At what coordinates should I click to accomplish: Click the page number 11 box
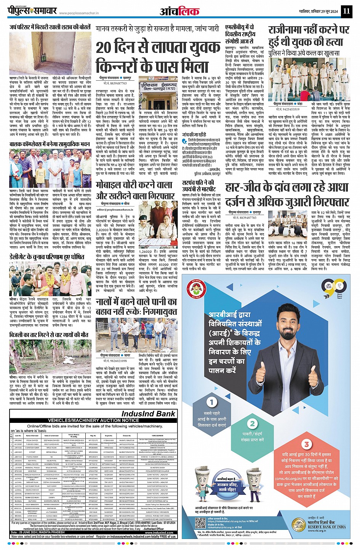(x=346, y=11)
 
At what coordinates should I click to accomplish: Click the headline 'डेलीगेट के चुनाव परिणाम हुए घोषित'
(x=46, y=257)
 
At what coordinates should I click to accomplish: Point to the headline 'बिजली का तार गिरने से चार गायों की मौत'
(x=49, y=335)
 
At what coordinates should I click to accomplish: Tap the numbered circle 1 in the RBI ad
(x=212, y=402)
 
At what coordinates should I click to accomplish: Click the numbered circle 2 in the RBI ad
(x=252, y=424)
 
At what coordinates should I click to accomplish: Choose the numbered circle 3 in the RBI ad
(x=306, y=444)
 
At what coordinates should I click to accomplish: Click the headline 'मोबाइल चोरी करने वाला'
(x=134, y=185)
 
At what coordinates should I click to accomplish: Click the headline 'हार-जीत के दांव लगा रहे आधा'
(x=286, y=188)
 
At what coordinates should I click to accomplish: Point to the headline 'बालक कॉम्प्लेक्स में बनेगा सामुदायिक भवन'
(x=50, y=145)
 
